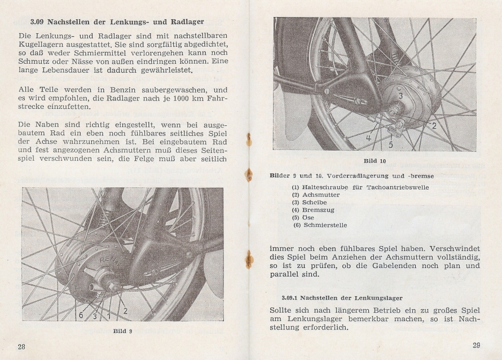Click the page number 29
coord(477,345)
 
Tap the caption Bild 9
coord(123,331)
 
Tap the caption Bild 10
coord(375,161)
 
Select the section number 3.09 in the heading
coord(38,23)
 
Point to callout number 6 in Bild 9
coord(81,315)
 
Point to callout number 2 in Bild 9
coord(125,310)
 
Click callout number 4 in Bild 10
coord(368,138)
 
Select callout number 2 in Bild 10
coord(434,126)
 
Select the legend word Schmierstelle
coord(325,225)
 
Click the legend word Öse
coord(309,217)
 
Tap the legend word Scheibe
coord(316,202)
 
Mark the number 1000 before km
coord(170,99)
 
